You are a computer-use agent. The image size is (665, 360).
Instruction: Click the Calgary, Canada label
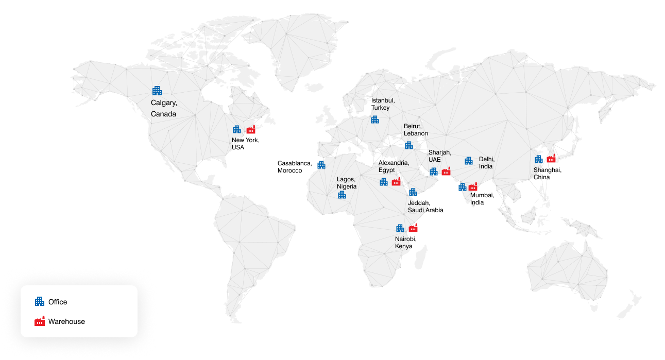pyautogui.click(x=163, y=108)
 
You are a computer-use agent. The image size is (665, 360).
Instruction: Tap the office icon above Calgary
pyautogui.click(x=157, y=91)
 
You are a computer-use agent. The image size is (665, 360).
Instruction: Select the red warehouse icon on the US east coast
pyautogui.click(x=251, y=129)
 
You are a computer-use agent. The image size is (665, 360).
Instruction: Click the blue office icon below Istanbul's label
pyautogui.click(x=374, y=119)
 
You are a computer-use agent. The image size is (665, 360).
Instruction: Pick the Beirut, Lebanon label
pyautogui.click(x=415, y=129)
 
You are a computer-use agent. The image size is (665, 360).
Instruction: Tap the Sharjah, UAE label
pyautogui.click(x=439, y=156)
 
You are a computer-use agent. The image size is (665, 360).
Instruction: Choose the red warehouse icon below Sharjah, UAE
pyautogui.click(x=446, y=172)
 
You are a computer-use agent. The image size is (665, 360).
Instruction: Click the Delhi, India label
pyautogui.click(x=486, y=163)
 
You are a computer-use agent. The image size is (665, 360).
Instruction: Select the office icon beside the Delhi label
pyautogui.click(x=468, y=161)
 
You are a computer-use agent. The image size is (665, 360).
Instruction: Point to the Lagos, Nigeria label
pyautogui.click(x=347, y=183)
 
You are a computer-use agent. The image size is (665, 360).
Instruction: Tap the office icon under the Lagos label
pyautogui.click(x=342, y=195)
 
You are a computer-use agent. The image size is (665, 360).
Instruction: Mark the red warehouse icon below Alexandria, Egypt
pyautogui.click(x=396, y=181)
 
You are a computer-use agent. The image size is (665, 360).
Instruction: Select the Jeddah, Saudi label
pyautogui.click(x=418, y=207)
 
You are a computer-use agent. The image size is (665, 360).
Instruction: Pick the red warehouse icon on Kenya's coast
pyautogui.click(x=413, y=228)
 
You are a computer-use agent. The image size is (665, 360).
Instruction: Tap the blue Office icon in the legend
pyautogui.click(x=39, y=302)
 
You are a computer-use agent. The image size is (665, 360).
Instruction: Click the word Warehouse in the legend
pyautogui.click(x=66, y=321)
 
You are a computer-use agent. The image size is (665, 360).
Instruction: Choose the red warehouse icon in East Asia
pyautogui.click(x=551, y=159)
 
